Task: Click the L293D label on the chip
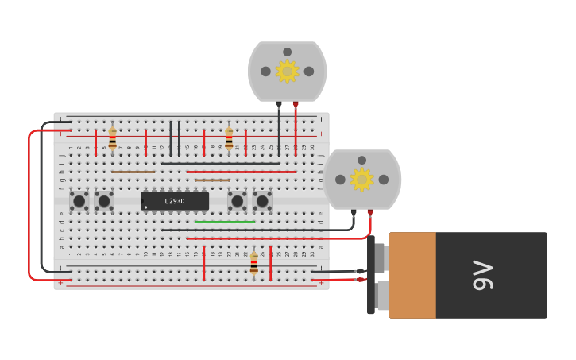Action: pyautogui.click(x=175, y=201)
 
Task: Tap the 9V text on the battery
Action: pyautogui.click(x=483, y=275)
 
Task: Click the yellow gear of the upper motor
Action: pyautogui.click(x=287, y=72)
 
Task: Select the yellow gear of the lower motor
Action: pyautogui.click(x=361, y=180)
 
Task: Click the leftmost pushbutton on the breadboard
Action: pyautogui.click(x=79, y=201)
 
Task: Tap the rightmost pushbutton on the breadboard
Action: pyautogui.click(x=262, y=201)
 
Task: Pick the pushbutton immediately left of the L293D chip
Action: pyautogui.click(x=104, y=201)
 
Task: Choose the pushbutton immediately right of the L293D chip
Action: pyautogui.click(x=237, y=201)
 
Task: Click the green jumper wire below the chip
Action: pyautogui.click(x=225, y=222)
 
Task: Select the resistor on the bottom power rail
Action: pyautogui.click(x=253, y=263)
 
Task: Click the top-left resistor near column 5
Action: pyautogui.click(x=112, y=138)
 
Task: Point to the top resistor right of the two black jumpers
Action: pyautogui.click(x=229, y=138)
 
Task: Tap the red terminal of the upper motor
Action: pyautogui.click(x=296, y=104)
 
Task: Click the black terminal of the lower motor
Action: pyautogui.click(x=354, y=212)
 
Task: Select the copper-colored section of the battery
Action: pyautogui.click(x=412, y=275)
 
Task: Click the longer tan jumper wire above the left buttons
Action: pyautogui.click(x=133, y=172)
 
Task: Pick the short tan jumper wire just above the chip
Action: pyautogui.click(x=212, y=180)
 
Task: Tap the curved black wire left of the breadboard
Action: pyautogui.click(x=42, y=199)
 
